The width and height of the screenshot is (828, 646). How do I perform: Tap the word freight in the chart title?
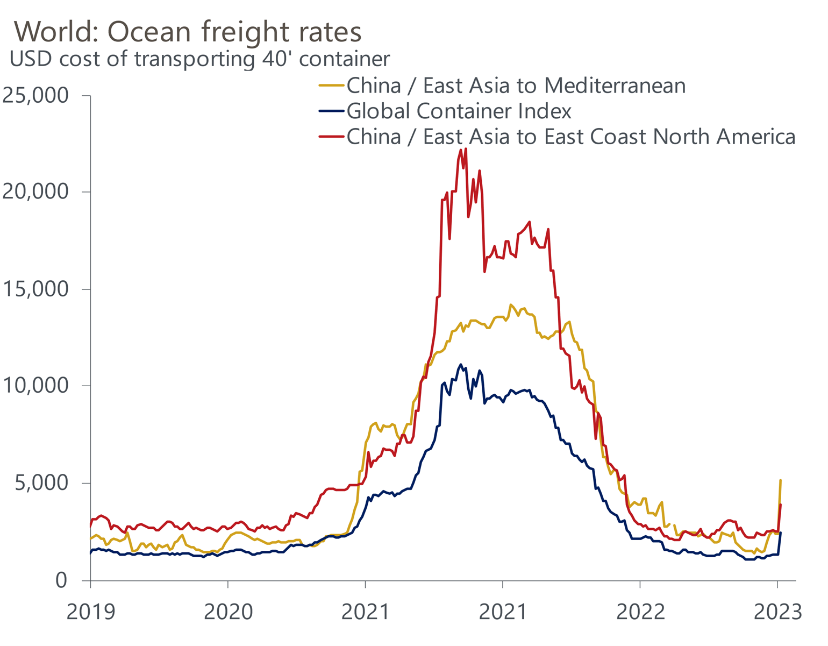(250, 33)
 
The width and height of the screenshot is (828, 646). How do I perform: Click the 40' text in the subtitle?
(277, 59)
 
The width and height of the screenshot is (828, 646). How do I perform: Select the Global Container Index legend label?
(459, 111)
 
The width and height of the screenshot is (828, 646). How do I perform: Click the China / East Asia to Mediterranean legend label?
(516, 86)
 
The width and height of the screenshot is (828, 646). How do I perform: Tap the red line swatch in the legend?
(331, 137)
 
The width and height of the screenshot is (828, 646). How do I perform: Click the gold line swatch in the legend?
(331, 86)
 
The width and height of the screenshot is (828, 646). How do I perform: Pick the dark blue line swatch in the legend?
(331, 111)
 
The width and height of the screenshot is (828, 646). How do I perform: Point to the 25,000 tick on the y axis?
(36, 96)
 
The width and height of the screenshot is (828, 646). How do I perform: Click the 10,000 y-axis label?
(36, 386)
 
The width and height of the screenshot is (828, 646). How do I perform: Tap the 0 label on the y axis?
(62, 580)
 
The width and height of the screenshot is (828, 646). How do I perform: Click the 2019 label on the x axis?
(90, 612)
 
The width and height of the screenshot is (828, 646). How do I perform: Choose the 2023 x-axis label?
(777, 612)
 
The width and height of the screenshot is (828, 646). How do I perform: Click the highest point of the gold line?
(511, 305)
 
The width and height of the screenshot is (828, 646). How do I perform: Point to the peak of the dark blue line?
(461, 365)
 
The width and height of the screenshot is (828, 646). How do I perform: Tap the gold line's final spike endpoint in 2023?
(780, 480)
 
